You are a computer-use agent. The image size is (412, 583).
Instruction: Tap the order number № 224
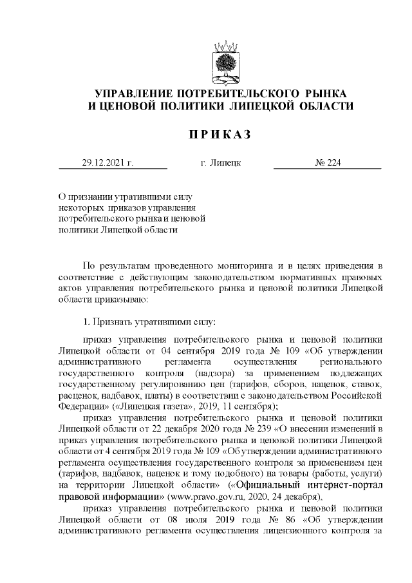[327, 162]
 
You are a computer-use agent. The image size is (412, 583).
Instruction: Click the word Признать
[110, 320]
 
